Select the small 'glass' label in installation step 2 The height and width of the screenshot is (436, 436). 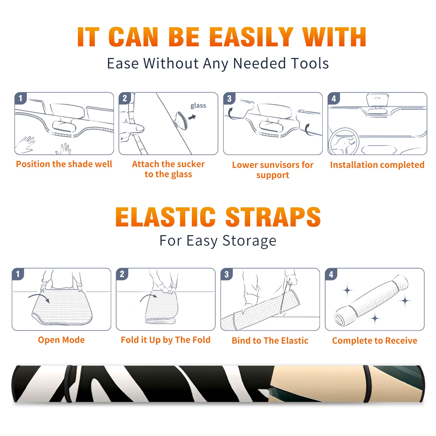tap(198, 106)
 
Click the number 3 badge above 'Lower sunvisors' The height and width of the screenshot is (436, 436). tap(229, 98)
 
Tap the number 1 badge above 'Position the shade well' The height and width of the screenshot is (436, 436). tap(21, 98)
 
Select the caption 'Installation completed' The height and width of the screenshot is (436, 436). tap(377, 165)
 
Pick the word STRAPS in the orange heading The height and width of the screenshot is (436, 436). tap(273, 217)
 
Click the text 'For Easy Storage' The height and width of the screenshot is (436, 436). tap(218, 241)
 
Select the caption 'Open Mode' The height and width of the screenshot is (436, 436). tap(61, 340)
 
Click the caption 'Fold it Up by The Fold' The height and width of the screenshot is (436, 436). tap(166, 340)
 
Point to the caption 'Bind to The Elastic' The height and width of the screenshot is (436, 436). tap(270, 341)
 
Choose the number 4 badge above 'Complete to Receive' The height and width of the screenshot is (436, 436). tap(331, 274)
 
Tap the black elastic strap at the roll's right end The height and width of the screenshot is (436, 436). tap(367, 384)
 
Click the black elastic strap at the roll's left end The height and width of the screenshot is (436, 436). tap(68, 384)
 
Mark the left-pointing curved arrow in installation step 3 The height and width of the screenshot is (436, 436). tap(231, 114)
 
